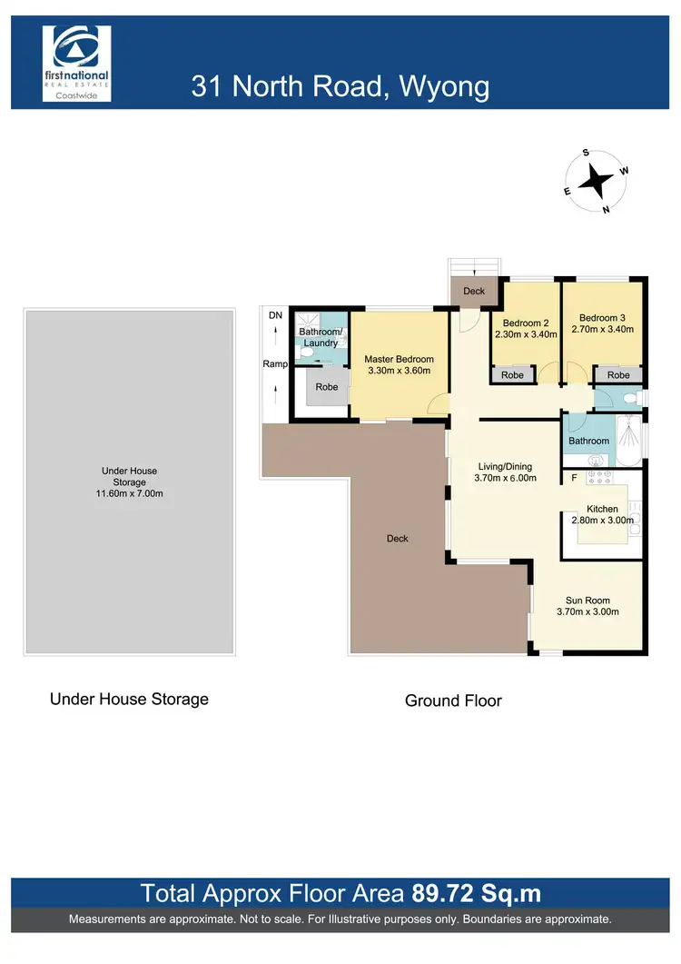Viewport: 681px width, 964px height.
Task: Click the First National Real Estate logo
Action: click(77, 65)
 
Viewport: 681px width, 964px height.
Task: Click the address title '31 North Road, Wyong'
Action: click(340, 86)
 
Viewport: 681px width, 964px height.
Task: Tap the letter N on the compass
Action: click(606, 210)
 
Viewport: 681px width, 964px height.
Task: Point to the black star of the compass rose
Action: click(596, 181)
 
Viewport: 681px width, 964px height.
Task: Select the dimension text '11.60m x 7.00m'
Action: click(129, 494)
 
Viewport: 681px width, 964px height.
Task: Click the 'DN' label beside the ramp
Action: click(275, 315)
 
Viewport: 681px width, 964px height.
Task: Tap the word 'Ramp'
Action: click(275, 363)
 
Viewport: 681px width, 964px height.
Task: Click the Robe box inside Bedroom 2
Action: click(512, 374)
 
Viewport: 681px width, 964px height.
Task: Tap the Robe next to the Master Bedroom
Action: click(326, 387)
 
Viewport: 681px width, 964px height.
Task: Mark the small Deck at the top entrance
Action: click(474, 292)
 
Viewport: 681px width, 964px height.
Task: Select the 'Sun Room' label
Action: click(587, 600)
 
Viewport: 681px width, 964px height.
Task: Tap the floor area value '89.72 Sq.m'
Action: click(476, 893)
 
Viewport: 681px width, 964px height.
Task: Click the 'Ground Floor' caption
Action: click(452, 701)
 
